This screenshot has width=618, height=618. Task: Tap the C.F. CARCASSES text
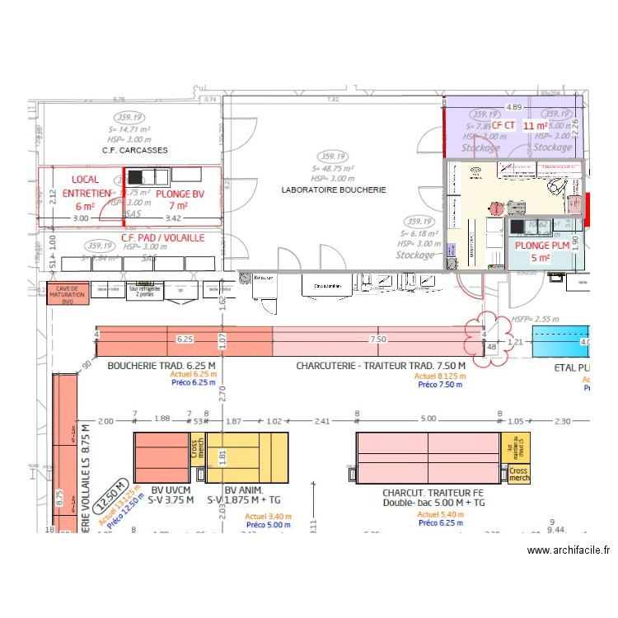[x=135, y=151]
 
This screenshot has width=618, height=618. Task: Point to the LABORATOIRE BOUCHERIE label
[x=333, y=190]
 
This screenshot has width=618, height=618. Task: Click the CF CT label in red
[x=503, y=125]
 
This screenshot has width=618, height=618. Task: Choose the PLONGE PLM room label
[x=541, y=251]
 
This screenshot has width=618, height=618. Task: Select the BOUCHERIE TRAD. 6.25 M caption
[x=162, y=365]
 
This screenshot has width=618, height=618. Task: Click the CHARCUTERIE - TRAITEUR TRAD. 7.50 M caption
[x=381, y=365]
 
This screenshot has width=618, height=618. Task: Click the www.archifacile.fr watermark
[x=569, y=550]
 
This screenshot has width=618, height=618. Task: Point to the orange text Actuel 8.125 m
[x=440, y=376]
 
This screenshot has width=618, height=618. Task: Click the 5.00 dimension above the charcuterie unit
[x=428, y=419]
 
